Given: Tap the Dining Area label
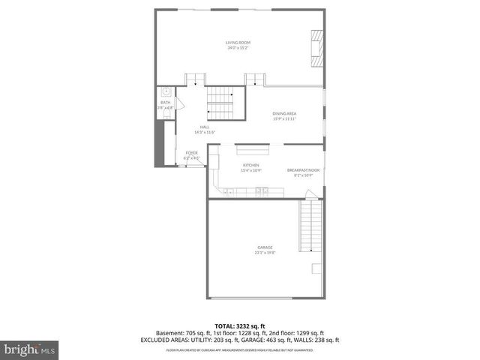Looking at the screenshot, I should pos(284,113).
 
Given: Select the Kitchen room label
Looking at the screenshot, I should pos(250,165).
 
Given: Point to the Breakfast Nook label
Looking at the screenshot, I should pos(303,170).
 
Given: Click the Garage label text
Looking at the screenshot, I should pos(265,247).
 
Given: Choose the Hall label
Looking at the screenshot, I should pos(205,127).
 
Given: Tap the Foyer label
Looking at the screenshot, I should pos(192,152).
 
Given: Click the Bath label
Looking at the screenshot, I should pos(165,102).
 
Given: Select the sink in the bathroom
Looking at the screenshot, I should pos(166,92).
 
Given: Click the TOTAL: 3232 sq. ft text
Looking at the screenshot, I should pos(239,325).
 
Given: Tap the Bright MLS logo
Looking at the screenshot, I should pos(30,349).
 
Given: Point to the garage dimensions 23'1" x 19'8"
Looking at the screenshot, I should pos(265,253).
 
